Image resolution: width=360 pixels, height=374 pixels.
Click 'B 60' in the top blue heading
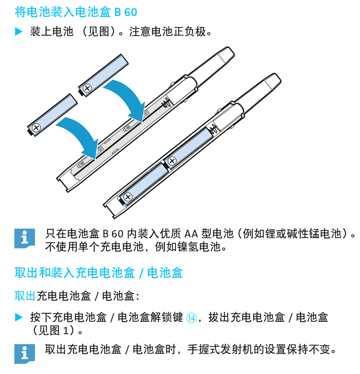(x=126, y=12)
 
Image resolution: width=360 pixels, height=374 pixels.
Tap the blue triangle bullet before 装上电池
(x=19, y=31)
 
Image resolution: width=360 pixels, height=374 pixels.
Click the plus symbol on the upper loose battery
(x=87, y=88)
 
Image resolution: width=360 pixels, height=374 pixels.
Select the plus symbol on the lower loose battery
(x=37, y=128)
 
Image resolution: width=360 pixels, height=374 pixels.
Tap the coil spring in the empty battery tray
(x=166, y=103)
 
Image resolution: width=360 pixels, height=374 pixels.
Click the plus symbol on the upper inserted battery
(x=172, y=161)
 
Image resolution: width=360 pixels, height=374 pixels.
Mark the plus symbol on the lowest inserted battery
(x=128, y=197)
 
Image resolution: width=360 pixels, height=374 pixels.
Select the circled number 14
(x=191, y=318)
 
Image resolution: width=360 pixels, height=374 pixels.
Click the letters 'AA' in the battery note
(x=191, y=234)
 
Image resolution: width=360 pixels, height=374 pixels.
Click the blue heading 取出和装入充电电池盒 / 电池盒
(x=99, y=273)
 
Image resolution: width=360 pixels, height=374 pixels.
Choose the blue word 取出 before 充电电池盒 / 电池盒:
(x=25, y=296)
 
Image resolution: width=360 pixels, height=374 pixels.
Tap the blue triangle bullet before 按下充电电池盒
(x=19, y=317)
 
